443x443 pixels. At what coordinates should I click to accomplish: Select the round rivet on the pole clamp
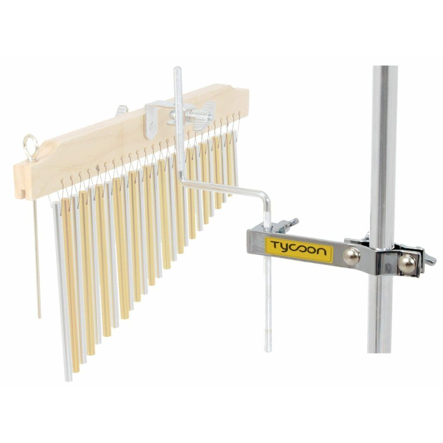pos(406,265)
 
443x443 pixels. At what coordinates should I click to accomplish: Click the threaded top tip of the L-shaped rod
pos(177,69)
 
